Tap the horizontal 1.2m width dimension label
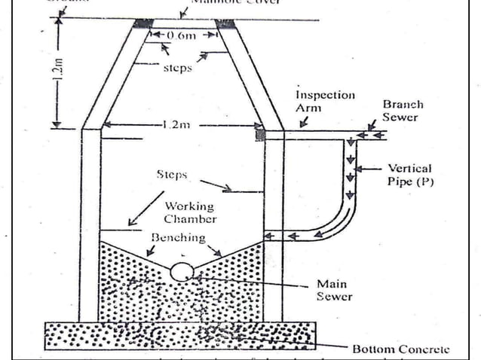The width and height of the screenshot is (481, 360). [x=175, y=125]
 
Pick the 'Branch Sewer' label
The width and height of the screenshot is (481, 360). [x=403, y=111]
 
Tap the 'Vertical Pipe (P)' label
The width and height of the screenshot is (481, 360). [x=411, y=175]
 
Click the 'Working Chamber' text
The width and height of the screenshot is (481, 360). [x=190, y=212]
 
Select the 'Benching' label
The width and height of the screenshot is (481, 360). [x=178, y=237]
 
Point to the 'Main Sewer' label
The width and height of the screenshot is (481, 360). [x=332, y=290]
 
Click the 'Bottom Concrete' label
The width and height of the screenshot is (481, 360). [x=400, y=349]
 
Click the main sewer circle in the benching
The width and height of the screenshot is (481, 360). [x=182, y=271]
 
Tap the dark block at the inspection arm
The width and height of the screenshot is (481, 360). [x=261, y=135]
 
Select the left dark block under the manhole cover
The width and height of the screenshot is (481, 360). [x=141, y=24]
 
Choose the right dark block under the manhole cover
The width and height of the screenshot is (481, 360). [x=224, y=24]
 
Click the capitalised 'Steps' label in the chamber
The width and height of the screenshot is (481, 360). [x=172, y=174]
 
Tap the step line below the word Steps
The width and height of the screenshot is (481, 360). [x=240, y=191]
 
